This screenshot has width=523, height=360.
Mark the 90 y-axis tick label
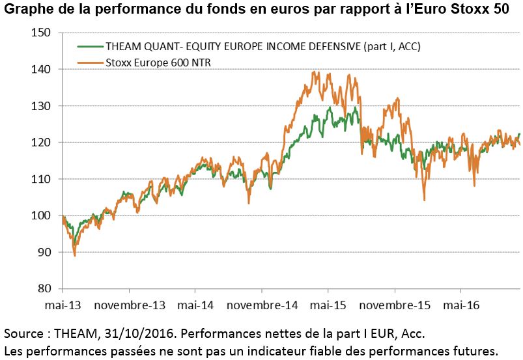[x=45, y=252]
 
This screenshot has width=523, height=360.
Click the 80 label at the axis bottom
[x=45, y=288]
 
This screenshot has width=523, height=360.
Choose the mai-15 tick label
[x=328, y=305]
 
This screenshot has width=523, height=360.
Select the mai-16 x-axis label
[x=460, y=305]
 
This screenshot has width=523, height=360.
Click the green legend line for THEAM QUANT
[x=89, y=47]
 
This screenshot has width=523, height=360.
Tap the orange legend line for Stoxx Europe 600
[x=89, y=62]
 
